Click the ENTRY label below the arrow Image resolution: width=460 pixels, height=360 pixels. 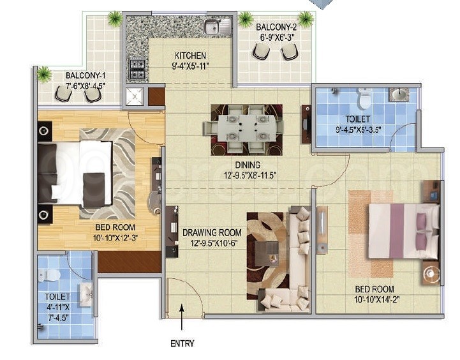[x=182, y=343]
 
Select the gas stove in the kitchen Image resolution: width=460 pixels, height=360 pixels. [x=138, y=69]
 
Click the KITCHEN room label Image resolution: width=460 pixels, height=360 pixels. [x=190, y=56]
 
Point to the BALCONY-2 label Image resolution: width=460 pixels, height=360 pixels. [x=276, y=27]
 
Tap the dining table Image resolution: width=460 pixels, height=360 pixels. [x=246, y=128]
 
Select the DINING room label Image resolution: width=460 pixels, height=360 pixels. [x=248, y=165]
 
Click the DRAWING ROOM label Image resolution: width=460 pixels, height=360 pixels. [x=212, y=233]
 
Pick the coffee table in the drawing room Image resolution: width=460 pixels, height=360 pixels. [x=266, y=253]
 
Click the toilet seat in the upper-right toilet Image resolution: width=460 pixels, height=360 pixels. [x=366, y=98]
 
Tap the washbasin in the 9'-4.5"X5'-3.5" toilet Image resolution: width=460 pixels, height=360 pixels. [x=399, y=94]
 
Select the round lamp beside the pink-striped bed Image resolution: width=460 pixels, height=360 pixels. [x=431, y=273]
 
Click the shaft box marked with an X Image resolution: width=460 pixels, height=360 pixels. [x=135, y=96]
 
